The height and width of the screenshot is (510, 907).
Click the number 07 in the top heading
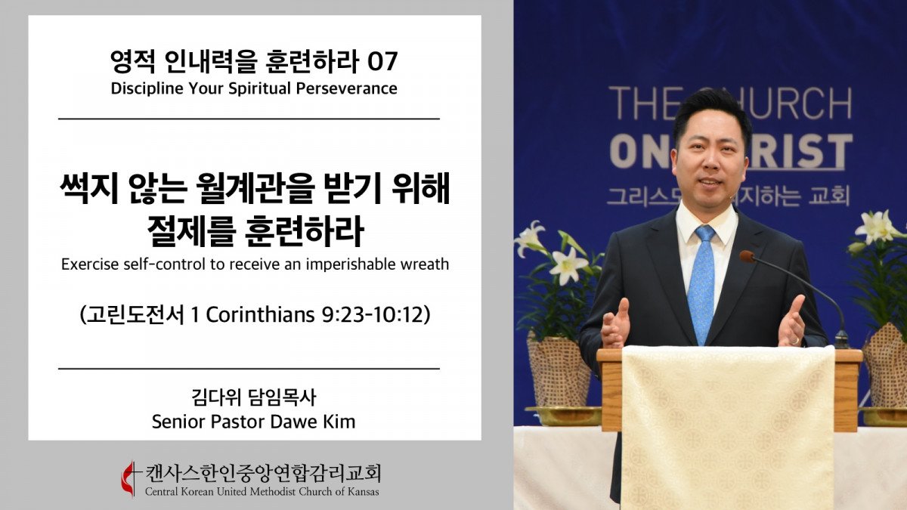pos(382,61)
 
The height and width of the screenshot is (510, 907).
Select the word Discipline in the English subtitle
pos(147,88)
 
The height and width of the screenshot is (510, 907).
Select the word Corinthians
pos(260,315)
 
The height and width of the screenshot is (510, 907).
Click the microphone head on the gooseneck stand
pos(748,257)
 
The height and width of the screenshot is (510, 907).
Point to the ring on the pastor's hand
pos(795,341)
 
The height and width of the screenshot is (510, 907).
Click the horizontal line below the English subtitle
pos(249,119)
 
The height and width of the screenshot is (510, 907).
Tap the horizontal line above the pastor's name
pos(249,369)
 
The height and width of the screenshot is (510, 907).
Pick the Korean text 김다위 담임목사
pos(253,397)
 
